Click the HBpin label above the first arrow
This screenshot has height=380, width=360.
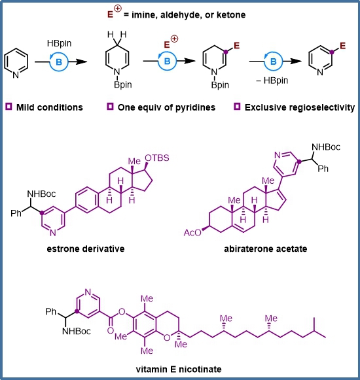pyautogui.click(x=59, y=43)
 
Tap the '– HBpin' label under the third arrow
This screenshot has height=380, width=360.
pyautogui.click(x=272, y=80)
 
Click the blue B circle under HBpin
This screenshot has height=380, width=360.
pyautogui.click(x=59, y=62)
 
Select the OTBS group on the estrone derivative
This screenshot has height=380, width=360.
pyautogui.click(x=156, y=158)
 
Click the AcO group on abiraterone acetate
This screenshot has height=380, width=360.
pyautogui.click(x=192, y=233)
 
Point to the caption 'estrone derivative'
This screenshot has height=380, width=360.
pyautogui.click(x=86, y=249)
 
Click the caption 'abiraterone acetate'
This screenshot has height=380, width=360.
pyautogui.click(x=266, y=249)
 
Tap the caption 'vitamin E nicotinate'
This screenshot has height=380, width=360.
pyautogui.click(x=179, y=370)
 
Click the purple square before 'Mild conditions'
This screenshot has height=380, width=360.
pyautogui.click(x=9, y=107)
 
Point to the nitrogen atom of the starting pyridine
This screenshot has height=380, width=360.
pyautogui.click(x=16, y=75)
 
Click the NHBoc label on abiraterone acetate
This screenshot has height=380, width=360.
pyautogui.click(x=326, y=147)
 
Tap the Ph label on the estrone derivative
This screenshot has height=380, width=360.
pyautogui.click(x=16, y=213)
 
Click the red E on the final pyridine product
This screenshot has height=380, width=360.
pyautogui.click(x=342, y=46)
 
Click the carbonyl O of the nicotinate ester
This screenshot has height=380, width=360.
pyautogui.click(x=111, y=330)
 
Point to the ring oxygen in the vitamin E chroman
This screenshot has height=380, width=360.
pyautogui.click(x=167, y=337)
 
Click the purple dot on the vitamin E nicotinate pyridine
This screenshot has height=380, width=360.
pyautogui.click(x=77, y=311)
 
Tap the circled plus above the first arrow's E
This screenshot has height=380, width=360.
pyautogui.click(x=174, y=39)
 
